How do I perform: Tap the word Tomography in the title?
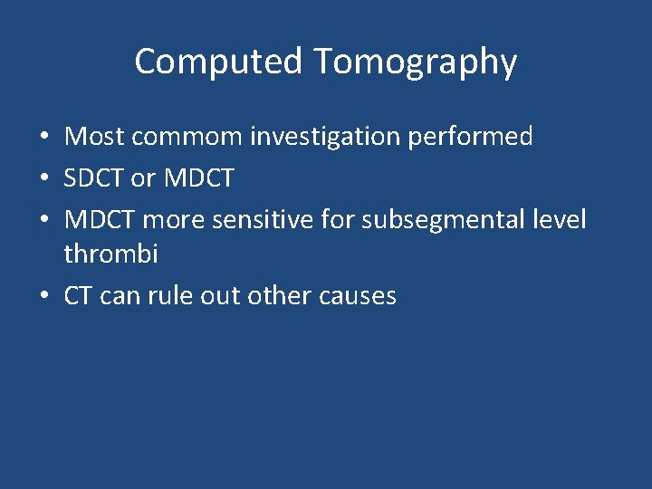tap(416, 62)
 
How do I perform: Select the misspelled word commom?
tap(187, 138)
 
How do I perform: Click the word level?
tap(557, 219)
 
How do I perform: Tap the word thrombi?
tap(110, 254)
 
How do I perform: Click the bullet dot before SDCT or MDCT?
tap(43, 179)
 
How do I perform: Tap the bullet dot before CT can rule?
tap(43, 296)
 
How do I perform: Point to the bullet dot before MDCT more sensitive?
tap(43, 220)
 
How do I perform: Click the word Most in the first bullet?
tap(94, 138)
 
